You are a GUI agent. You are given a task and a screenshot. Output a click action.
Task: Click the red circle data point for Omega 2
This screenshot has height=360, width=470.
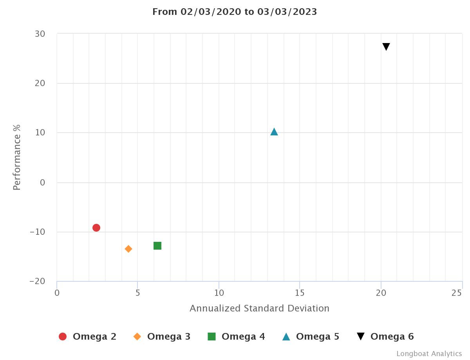(96, 228)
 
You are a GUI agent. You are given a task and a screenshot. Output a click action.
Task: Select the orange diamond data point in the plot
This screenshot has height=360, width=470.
(128, 249)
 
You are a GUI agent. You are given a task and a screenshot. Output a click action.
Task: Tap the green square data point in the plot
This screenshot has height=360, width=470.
(157, 246)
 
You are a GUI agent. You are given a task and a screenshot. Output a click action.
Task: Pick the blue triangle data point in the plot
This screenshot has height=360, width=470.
(274, 132)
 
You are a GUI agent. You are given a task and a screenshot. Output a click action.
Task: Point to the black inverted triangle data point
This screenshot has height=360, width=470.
(386, 47)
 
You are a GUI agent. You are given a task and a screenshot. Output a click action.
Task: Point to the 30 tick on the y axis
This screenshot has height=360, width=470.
(40, 34)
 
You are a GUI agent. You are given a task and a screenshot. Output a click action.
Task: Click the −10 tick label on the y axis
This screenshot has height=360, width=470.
(37, 232)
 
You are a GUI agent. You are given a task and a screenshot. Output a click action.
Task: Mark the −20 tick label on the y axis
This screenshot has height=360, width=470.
(37, 281)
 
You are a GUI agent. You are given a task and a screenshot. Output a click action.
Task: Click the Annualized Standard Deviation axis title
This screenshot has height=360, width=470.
(259, 308)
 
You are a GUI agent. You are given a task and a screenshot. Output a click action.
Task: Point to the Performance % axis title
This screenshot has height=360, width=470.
(17, 157)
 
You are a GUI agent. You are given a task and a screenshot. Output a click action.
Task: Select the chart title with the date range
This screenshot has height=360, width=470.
(235, 12)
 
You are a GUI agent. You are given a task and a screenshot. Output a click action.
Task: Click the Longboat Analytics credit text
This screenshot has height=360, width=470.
(429, 354)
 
